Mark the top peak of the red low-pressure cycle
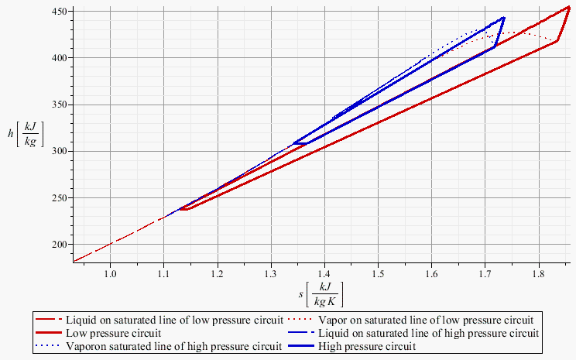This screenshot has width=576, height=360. [568, 7]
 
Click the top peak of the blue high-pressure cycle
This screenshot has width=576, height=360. [504, 18]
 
